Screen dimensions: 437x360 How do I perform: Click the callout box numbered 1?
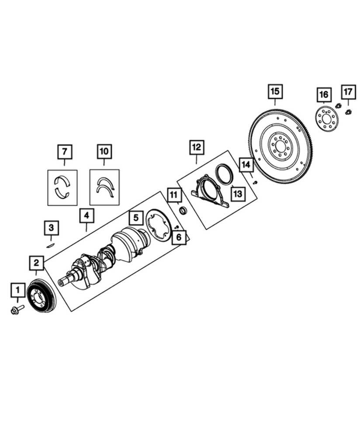[x=18, y=290]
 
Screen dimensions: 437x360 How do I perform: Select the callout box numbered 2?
[x=36, y=263]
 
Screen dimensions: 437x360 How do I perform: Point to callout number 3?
[x=51, y=228]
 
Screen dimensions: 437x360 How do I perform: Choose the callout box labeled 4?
[x=87, y=215]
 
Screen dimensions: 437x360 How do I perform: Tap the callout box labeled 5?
[x=136, y=217]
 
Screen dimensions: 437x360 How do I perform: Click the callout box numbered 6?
[x=179, y=238]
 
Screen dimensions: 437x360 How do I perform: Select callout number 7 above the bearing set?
[x=65, y=152]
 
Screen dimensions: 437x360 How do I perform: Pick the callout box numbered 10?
[x=104, y=152]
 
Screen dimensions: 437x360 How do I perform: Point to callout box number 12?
[x=196, y=147]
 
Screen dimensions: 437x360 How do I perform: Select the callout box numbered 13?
[x=237, y=193]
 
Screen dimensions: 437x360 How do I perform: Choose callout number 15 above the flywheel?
[x=275, y=91]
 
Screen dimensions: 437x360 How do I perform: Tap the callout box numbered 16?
[x=323, y=94]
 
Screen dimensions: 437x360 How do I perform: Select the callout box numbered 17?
[x=348, y=91]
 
